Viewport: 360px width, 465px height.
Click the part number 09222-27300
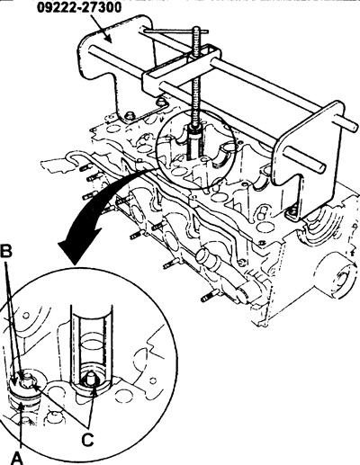click(x=79, y=7)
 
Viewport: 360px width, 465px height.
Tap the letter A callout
click(x=17, y=456)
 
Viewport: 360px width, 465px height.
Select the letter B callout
click(x=5, y=252)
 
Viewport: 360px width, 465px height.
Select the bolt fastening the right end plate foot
click(x=292, y=213)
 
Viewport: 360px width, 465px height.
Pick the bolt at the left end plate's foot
click(x=130, y=115)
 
